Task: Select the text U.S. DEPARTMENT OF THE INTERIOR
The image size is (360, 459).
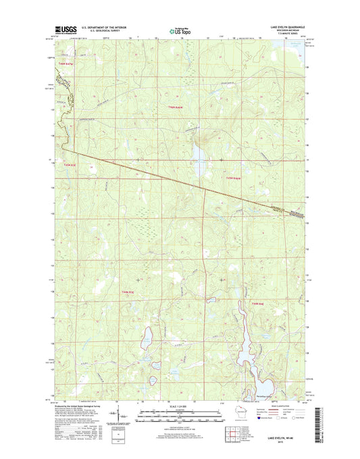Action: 107,28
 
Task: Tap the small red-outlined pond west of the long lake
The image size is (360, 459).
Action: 211,300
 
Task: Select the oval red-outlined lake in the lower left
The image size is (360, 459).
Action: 145,341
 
